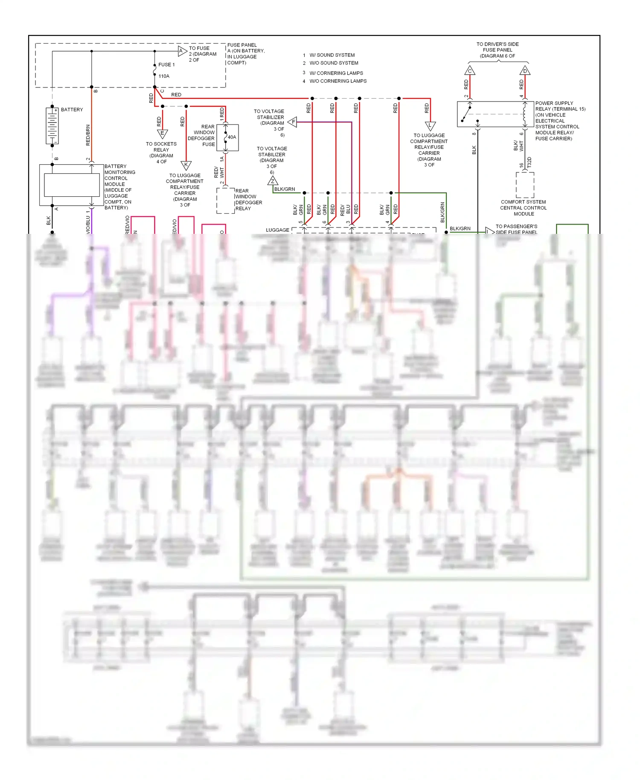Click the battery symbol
click(52, 126)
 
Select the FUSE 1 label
click(166, 65)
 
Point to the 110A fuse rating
click(164, 76)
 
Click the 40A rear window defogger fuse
click(227, 137)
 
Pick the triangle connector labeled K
click(186, 165)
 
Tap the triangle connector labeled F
click(293, 122)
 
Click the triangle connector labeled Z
click(273, 181)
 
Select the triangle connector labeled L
click(430, 126)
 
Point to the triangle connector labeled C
click(470, 70)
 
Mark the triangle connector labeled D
click(525, 70)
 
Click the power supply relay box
click(495, 114)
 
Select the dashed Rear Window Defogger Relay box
click(225, 200)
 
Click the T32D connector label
click(529, 162)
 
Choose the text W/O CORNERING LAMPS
click(338, 81)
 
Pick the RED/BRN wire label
click(88, 135)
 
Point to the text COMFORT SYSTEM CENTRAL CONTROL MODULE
click(524, 208)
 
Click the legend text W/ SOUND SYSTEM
click(332, 55)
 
